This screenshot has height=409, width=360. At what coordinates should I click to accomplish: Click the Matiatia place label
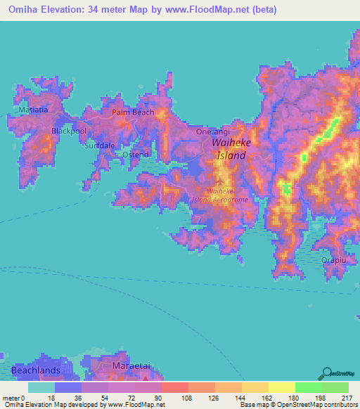34,110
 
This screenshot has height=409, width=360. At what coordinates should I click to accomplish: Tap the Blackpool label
69,131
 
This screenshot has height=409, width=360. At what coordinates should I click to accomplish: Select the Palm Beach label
132,112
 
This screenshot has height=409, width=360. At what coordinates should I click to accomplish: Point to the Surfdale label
99,145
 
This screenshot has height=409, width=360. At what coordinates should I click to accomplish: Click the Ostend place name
135,154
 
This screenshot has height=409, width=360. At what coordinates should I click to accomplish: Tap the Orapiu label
334,259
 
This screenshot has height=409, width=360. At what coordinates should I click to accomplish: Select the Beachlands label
35,369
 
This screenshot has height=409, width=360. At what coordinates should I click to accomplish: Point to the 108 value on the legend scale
188,398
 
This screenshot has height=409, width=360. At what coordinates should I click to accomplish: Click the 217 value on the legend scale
347,398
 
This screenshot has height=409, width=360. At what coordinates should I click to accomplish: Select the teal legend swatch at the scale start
41,387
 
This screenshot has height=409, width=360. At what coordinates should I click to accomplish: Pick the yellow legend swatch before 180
281,387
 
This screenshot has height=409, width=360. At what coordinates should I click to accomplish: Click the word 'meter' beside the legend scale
11,398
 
